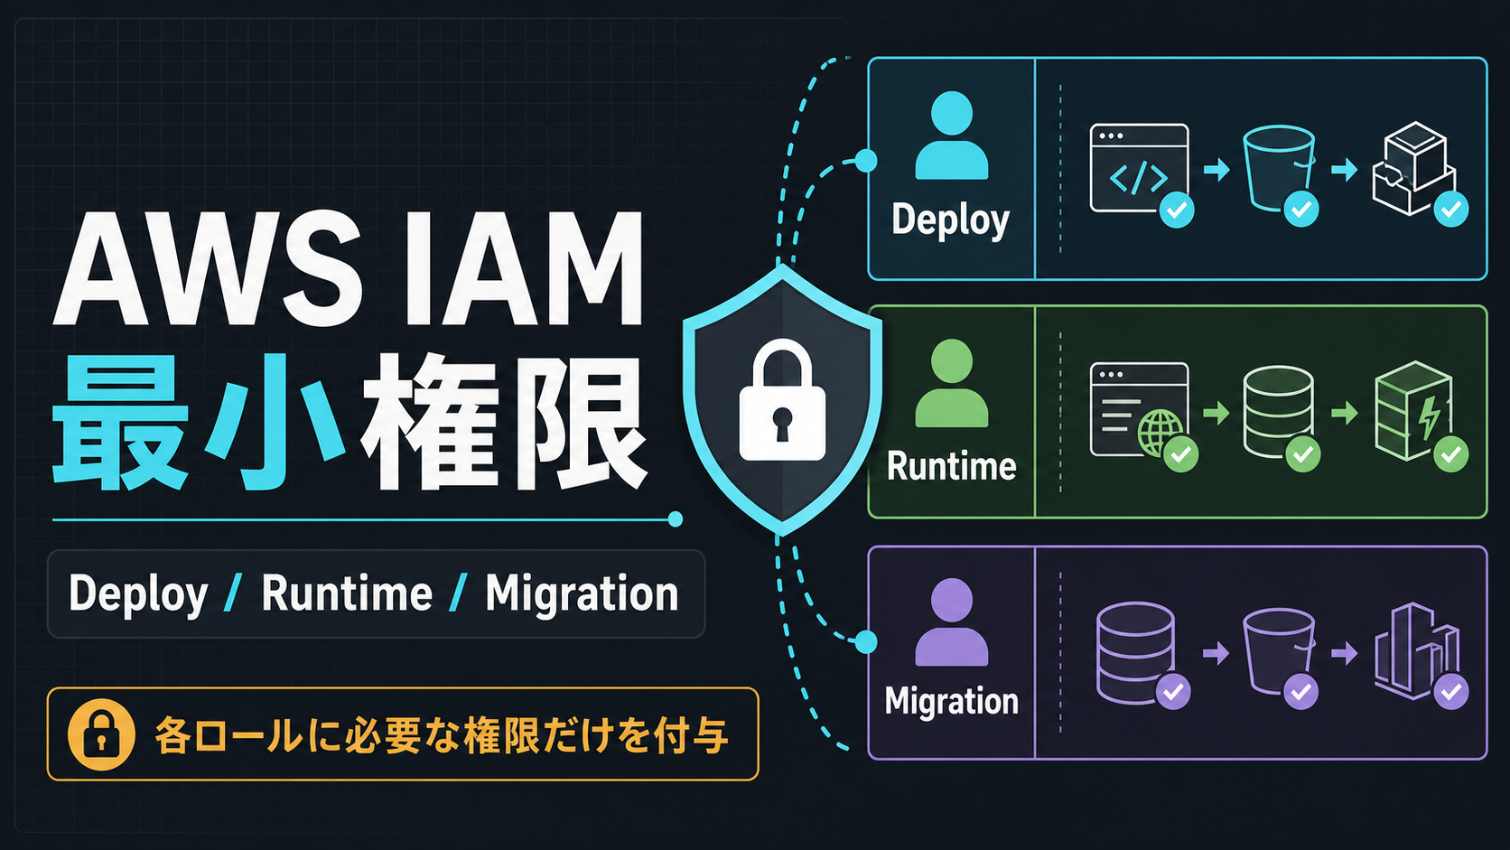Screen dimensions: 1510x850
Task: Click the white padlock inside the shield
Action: tap(782, 400)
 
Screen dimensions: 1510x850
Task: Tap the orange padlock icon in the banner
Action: tap(101, 734)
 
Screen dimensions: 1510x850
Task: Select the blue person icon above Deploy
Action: tap(951, 135)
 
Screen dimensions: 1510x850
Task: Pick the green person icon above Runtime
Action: tap(951, 383)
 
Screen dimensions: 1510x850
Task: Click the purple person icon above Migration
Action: tap(951, 621)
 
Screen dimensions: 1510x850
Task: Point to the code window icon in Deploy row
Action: tap(1139, 169)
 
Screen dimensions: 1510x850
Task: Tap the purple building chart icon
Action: tap(1417, 651)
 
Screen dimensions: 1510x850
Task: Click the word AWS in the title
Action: tap(206, 269)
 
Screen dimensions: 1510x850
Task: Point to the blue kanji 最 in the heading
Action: tap(119, 422)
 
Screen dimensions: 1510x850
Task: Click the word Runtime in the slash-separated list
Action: tap(347, 593)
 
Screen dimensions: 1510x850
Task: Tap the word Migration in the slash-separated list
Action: tap(582, 593)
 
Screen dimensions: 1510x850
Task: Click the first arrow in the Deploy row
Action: tap(1216, 169)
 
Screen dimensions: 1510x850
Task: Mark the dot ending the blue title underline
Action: tap(675, 519)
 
